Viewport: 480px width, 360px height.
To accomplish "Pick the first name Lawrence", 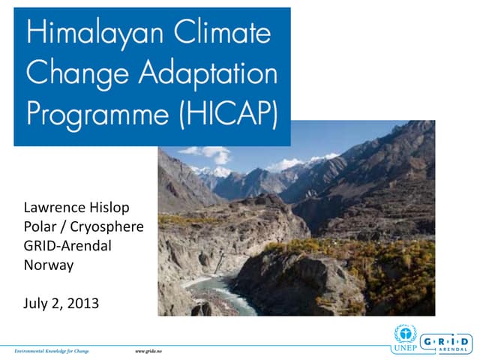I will [52, 207].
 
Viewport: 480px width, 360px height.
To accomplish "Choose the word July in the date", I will [36, 304].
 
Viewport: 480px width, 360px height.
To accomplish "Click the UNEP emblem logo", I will [403, 337].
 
